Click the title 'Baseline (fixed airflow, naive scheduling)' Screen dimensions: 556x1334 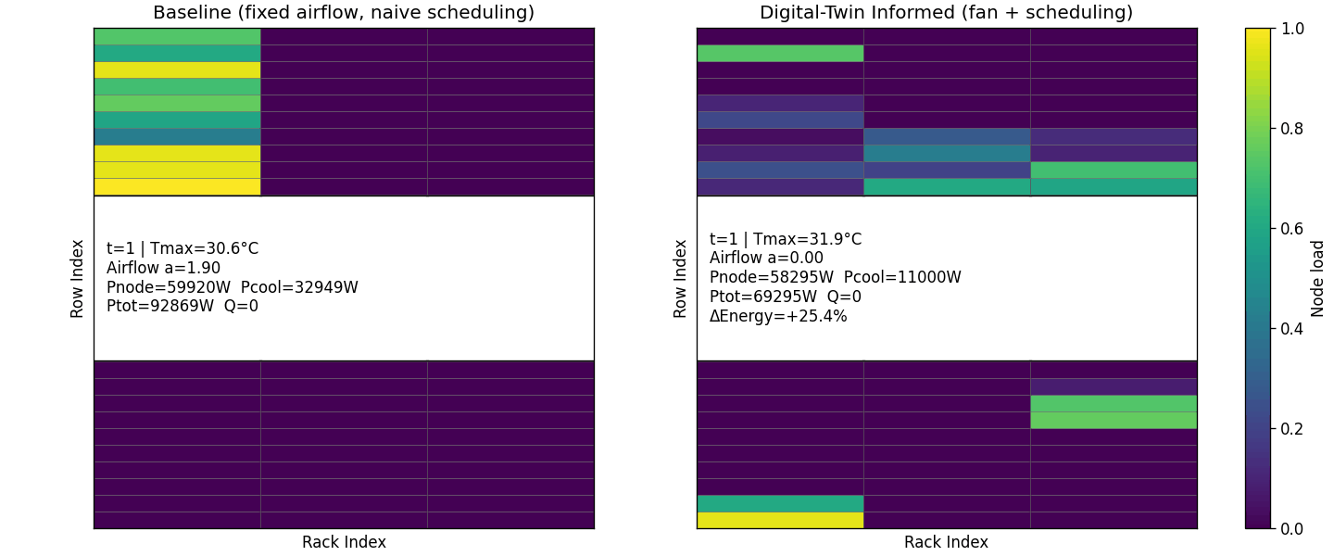pos(343,13)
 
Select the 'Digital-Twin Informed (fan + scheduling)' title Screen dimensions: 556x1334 pos(946,13)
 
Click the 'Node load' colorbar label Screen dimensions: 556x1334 pos(1317,278)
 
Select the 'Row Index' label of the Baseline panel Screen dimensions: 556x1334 pos(78,278)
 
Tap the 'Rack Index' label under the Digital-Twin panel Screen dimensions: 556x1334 pos(946,542)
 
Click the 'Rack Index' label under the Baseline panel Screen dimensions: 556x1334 pos(344,542)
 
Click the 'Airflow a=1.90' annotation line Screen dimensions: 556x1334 pos(163,268)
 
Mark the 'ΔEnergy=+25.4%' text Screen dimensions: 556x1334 pos(778,316)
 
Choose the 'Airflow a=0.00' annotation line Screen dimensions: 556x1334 pos(766,259)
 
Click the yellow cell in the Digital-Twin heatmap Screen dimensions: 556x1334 pos(780,520)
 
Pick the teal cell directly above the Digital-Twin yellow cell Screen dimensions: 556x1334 pos(780,503)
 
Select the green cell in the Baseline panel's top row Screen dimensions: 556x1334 pos(177,36)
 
